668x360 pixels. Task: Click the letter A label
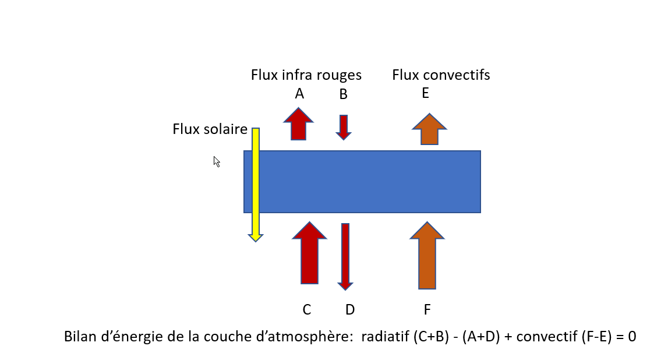pos(299,94)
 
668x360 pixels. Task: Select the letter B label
pos(344,94)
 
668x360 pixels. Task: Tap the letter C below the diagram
pos(307,310)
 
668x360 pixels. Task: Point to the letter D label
pos(350,310)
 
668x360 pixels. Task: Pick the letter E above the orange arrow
pos(426,93)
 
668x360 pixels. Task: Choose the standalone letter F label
pos(427,310)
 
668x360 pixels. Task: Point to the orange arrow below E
pos(429,129)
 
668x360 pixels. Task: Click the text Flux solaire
pos(210,129)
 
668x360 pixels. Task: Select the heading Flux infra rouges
pos(306,75)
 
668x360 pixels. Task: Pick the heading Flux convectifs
pos(441,75)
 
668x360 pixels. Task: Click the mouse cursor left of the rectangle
pos(216,161)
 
